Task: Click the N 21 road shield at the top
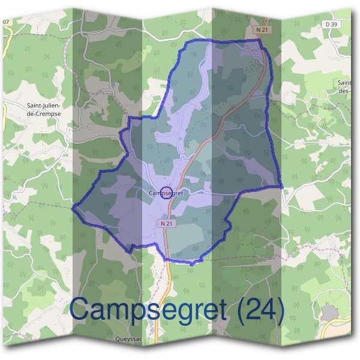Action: point(261,29)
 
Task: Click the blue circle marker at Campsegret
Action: point(167,193)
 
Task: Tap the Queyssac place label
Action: point(128,339)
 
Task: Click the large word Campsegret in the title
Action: point(148,309)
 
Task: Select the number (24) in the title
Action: point(259,310)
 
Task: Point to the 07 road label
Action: point(6,22)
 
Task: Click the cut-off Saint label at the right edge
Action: point(344,86)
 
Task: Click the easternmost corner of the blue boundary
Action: point(281,187)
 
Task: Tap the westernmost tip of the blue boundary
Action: point(73,209)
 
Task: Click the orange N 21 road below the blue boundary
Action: point(169,282)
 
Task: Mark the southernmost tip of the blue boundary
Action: point(191,263)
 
